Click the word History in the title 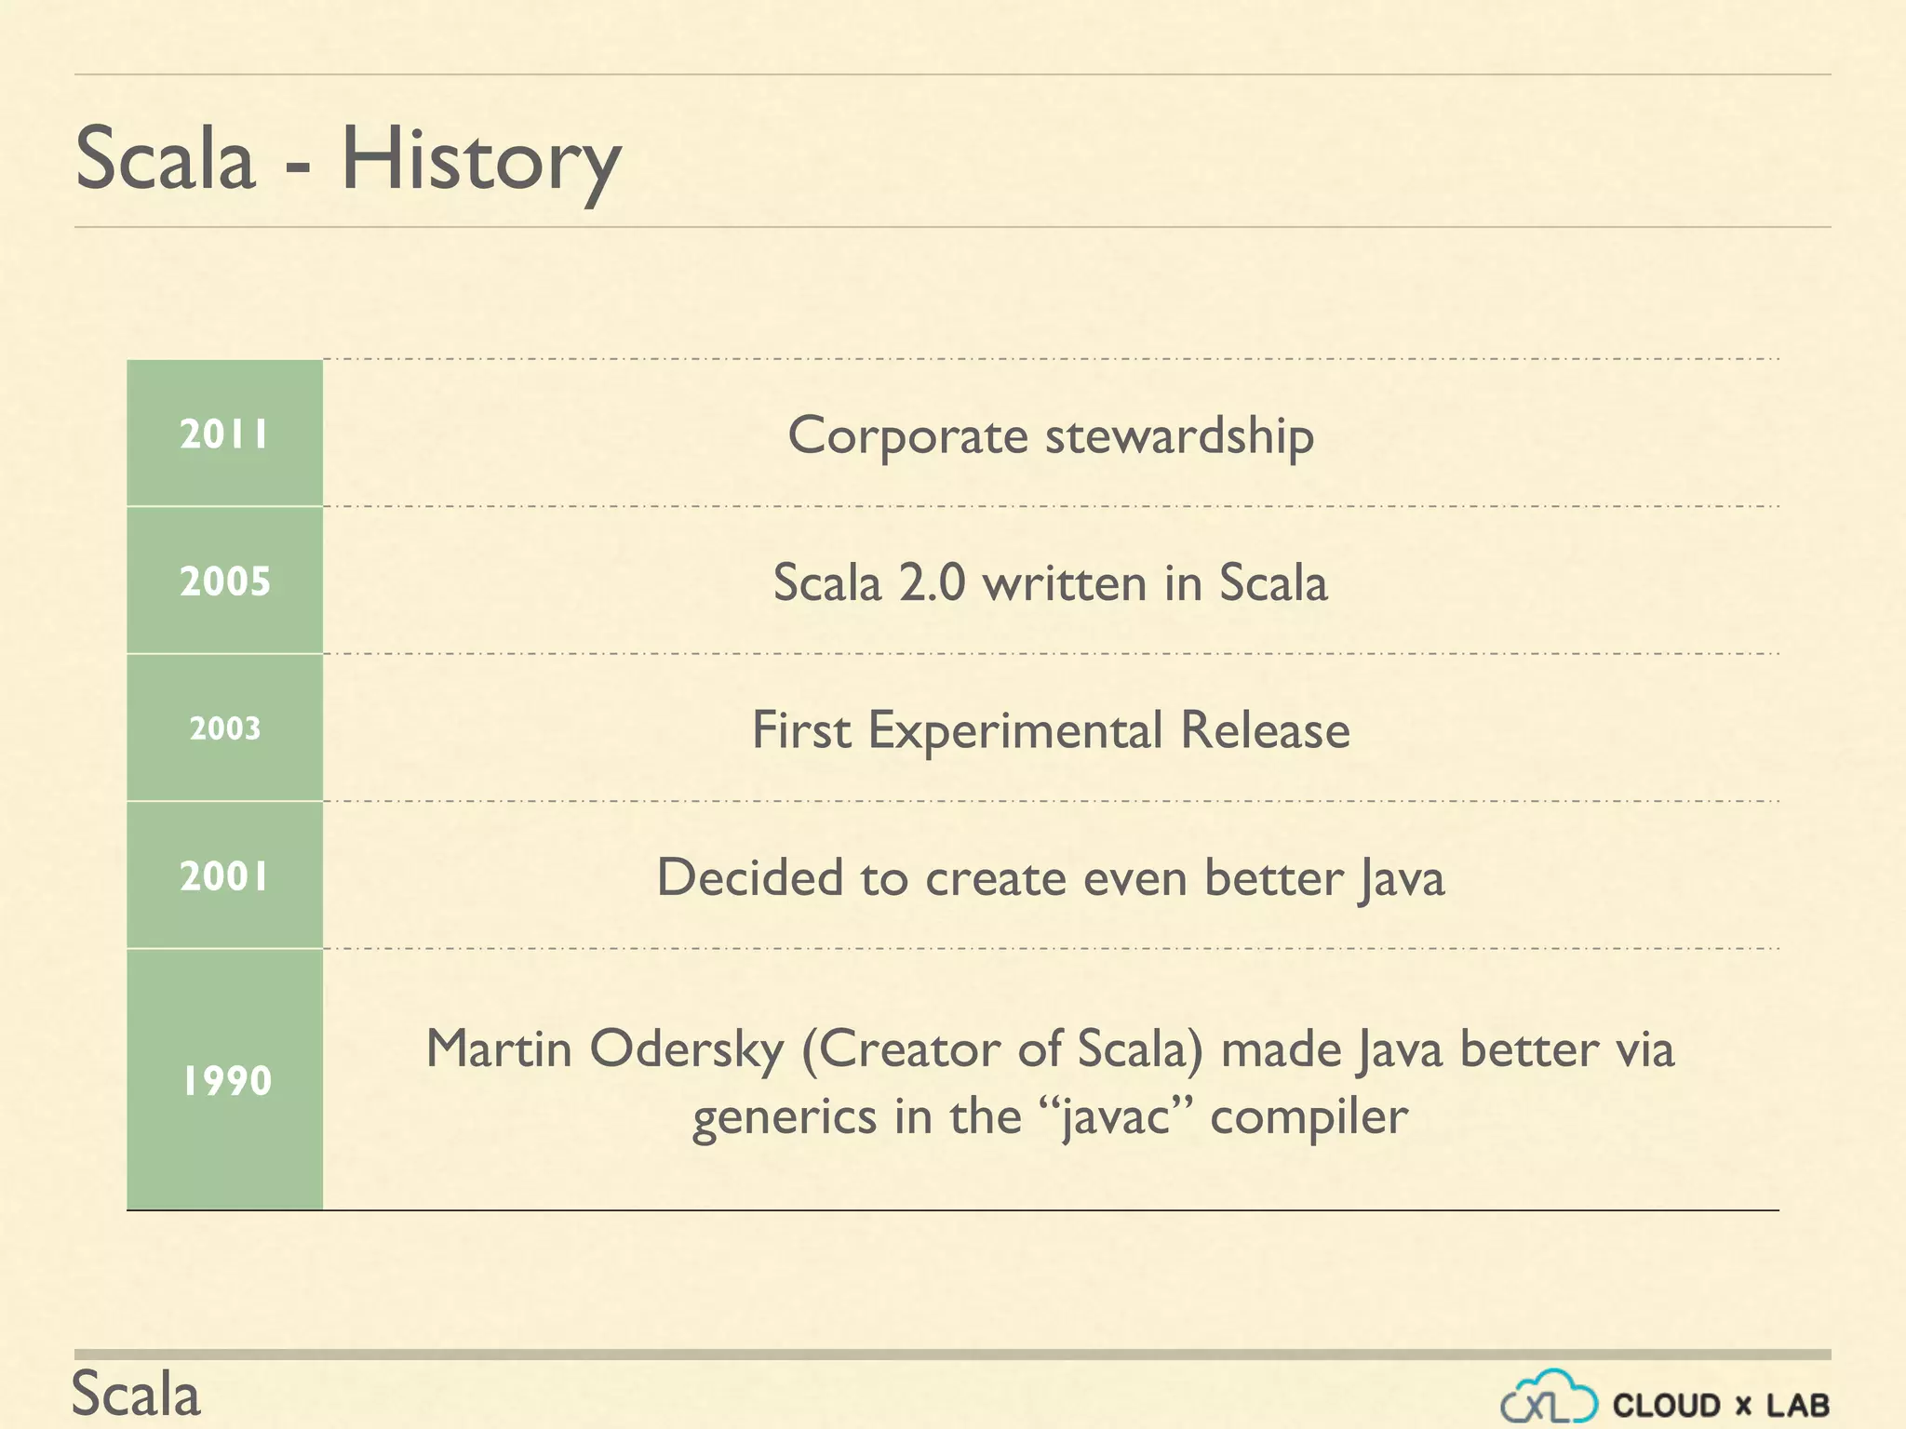click(480, 161)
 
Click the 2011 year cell click(224, 434)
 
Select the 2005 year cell click(224, 581)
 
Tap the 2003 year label click(224, 728)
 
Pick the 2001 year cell click(224, 876)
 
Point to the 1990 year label click(226, 1081)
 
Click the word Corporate click(906, 435)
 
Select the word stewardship click(1179, 435)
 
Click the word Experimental click(1014, 730)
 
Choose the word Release click(1265, 730)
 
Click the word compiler click(1309, 1116)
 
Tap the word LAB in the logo click(1798, 1405)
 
